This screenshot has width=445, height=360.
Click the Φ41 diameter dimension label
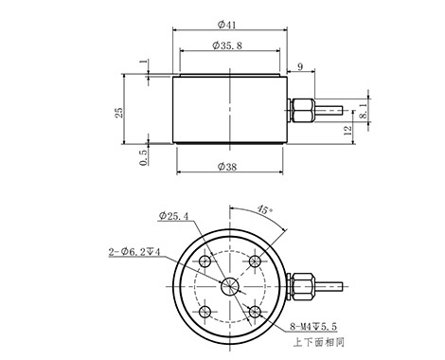point(227,25)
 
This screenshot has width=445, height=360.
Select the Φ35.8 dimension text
point(227,45)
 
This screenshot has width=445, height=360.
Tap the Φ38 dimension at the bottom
point(227,167)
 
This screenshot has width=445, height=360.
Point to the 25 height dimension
point(119,113)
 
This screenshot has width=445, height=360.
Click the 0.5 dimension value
point(143,157)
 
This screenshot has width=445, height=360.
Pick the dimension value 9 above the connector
point(300,66)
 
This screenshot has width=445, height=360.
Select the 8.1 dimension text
point(364,111)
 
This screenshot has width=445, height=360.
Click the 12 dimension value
point(347,130)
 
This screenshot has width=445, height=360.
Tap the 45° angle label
point(264,209)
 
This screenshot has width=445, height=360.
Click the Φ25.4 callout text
point(173,216)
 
